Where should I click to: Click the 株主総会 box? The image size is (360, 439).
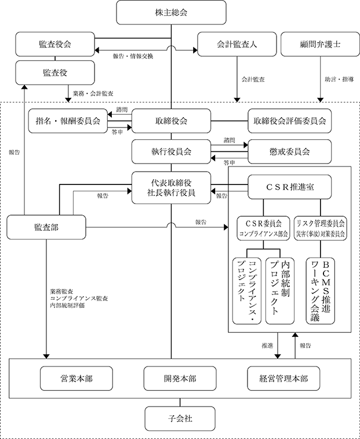(171, 12)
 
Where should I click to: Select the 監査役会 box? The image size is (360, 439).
(55, 44)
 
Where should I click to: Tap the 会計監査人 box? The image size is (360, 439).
(237, 44)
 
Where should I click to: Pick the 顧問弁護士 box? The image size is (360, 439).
(320, 44)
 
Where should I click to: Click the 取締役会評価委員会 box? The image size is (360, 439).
(290, 121)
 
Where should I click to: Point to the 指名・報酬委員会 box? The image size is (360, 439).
(68, 121)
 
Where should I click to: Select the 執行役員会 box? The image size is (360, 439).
(171, 151)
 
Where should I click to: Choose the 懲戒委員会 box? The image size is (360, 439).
(290, 151)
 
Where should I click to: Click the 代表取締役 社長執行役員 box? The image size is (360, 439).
(171, 187)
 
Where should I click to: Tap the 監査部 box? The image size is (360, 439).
(46, 227)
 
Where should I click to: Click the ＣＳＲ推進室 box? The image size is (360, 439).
(290, 187)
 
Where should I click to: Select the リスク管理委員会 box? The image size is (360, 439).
(321, 228)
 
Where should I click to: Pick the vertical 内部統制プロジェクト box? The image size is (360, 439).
(279, 291)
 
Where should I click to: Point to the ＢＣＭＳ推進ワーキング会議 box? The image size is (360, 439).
(320, 291)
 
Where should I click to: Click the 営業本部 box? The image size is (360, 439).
(77, 379)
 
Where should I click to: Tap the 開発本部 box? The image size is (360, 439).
(180, 379)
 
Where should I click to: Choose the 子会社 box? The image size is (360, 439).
(180, 419)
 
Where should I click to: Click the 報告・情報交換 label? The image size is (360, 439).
(133, 56)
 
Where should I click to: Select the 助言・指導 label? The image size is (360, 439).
(339, 79)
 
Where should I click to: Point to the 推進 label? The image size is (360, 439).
(267, 346)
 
